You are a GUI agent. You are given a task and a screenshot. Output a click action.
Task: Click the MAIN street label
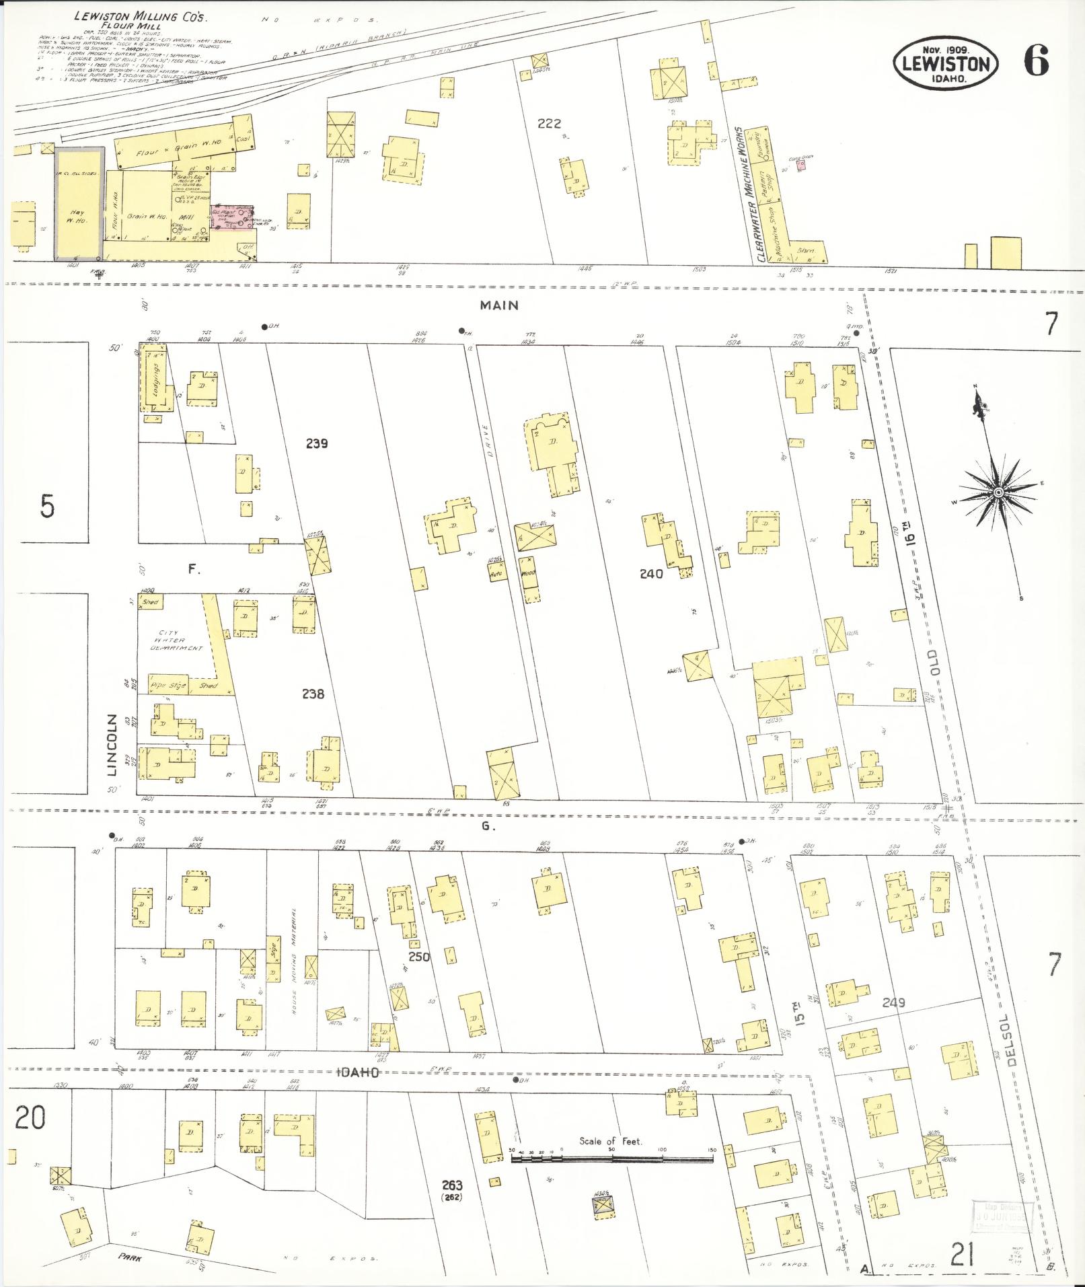coord(499,305)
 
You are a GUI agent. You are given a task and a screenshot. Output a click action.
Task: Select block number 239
coord(315,443)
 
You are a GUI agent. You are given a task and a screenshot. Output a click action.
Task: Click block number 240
coord(650,574)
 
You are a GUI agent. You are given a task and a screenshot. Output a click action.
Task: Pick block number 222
coord(549,124)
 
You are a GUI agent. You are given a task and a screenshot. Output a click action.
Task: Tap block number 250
coord(418,957)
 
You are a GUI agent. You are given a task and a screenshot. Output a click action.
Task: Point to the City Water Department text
coord(177,640)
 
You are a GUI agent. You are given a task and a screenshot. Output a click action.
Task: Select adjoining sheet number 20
coord(30,1117)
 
